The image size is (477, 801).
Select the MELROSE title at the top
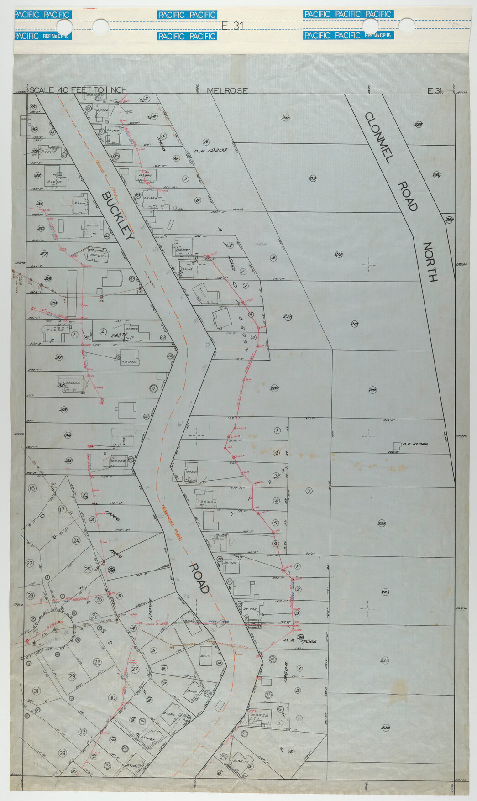click(x=227, y=90)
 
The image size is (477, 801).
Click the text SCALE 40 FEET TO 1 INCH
click(x=78, y=90)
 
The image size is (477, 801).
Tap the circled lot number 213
click(x=313, y=178)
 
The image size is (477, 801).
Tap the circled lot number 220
click(x=274, y=388)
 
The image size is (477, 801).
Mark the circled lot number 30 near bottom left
click(x=112, y=698)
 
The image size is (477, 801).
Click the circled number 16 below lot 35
click(x=31, y=488)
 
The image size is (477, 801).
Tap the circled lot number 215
click(x=339, y=254)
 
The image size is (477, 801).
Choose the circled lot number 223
click(x=381, y=523)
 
